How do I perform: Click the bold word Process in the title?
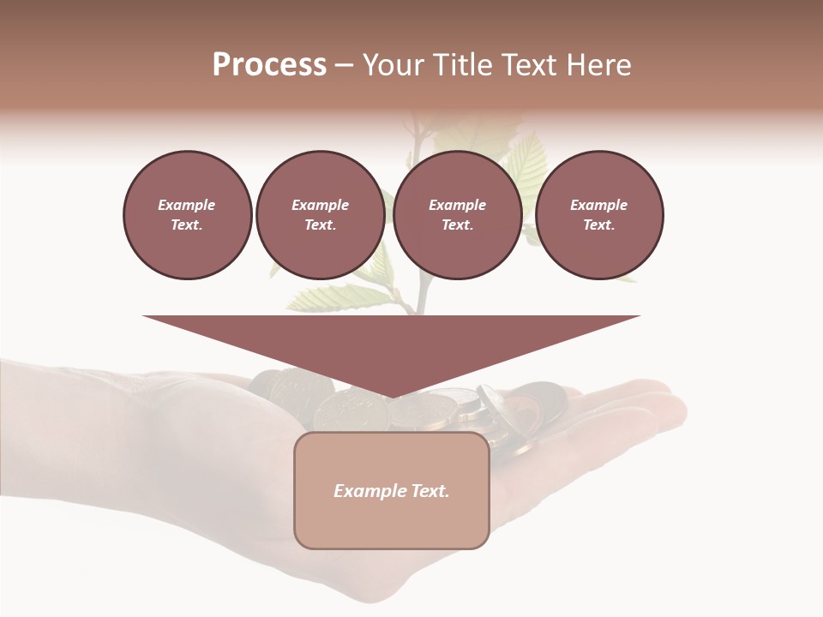[x=269, y=65]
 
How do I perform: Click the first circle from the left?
[x=187, y=215]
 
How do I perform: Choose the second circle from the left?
[x=320, y=215]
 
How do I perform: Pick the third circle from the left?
[x=457, y=215]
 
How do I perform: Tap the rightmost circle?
[x=598, y=215]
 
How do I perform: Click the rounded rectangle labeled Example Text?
[x=391, y=490]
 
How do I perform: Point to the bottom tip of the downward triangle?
[x=391, y=397]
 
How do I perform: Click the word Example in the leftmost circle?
[x=187, y=206]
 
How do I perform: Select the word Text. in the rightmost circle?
[x=598, y=225]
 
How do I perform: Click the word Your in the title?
[x=393, y=65]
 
